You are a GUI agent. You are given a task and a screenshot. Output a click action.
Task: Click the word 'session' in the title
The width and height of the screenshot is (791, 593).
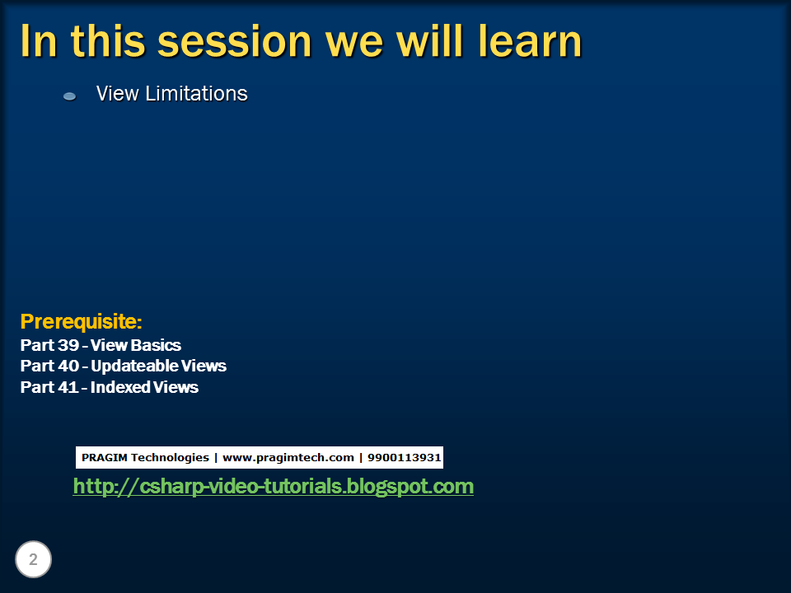coord(235,41)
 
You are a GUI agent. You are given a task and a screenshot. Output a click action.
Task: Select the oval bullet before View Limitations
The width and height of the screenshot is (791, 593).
coord(69,96)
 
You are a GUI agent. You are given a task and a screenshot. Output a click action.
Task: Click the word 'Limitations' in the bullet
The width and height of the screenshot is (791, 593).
coord(196,93)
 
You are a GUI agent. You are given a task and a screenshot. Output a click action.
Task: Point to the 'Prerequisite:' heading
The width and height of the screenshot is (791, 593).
coord(82,321)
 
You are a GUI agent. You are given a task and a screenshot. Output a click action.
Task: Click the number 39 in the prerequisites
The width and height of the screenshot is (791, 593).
coord(68,345)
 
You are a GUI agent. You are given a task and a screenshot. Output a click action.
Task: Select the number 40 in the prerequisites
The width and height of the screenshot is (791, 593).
coord(68,366)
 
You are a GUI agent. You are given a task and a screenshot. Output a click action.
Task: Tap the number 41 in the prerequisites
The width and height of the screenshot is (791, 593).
coord(68,387)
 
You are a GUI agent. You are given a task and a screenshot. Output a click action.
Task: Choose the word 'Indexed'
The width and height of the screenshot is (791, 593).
coord(120,387)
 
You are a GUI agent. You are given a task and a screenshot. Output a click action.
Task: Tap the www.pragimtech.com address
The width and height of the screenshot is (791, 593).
coord(288,458)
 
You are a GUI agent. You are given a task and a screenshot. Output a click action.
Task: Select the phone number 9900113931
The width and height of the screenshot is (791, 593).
coord(404,457)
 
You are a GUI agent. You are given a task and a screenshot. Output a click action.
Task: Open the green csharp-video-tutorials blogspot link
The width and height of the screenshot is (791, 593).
coord(273,486)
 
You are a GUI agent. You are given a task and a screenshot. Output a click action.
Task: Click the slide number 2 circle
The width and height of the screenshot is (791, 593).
coord(33,559)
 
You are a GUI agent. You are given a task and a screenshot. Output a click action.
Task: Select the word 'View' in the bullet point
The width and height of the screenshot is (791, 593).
coord(117,93)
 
